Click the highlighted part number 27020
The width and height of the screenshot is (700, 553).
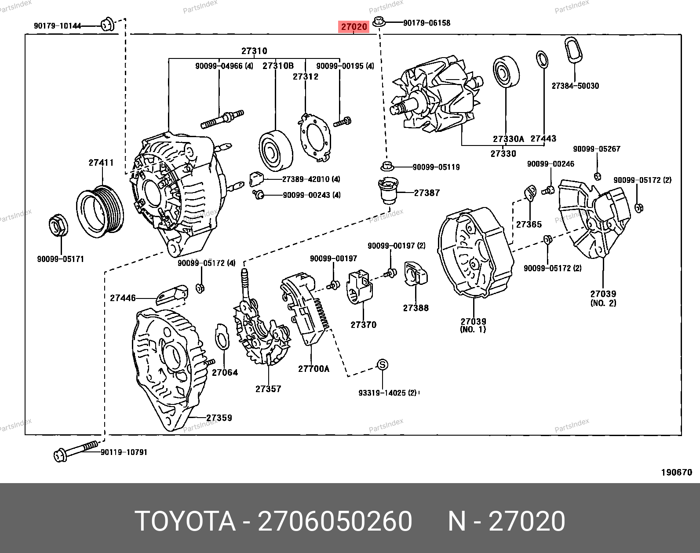tap(354, 27)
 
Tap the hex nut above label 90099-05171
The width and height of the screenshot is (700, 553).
tap(58, 225)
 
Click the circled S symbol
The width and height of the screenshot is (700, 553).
tap(383, 364)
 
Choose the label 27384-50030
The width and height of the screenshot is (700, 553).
tap(575, 86)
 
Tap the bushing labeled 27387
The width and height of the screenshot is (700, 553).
tap(387, 190)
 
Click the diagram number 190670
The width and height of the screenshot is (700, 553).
tap(677, 473)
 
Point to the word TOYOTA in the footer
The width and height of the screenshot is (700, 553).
tap(185, 521)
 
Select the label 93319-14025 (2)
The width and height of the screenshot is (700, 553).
tap(387, 393)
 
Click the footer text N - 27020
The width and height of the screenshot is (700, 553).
tap(506, 521)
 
